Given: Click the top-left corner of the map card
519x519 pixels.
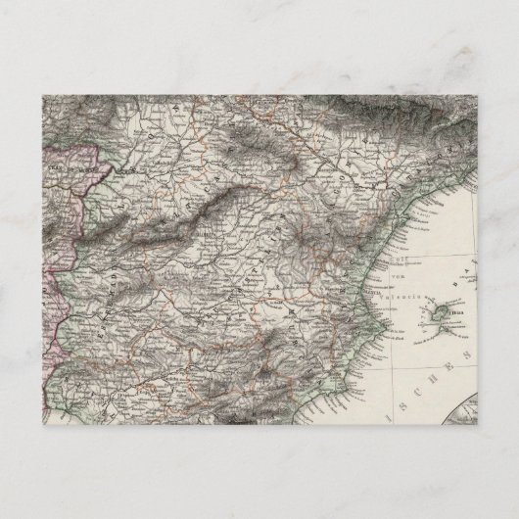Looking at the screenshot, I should click(x=42, y=95).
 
